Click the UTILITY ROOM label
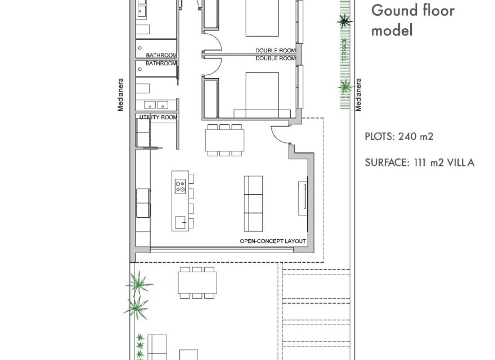158,118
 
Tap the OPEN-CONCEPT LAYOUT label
273,241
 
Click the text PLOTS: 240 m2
399,137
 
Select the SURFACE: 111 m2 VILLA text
420,163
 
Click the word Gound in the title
391,11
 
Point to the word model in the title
391,30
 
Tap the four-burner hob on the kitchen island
180,186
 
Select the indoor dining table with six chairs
225,140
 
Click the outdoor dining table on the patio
197,282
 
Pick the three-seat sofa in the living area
254,204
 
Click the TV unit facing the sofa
303,199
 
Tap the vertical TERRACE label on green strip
345,49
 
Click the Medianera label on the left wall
120,94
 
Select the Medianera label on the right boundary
358,94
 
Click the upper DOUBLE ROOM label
275,51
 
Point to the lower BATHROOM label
161,64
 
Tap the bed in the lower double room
262,95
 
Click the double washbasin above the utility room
156,105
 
